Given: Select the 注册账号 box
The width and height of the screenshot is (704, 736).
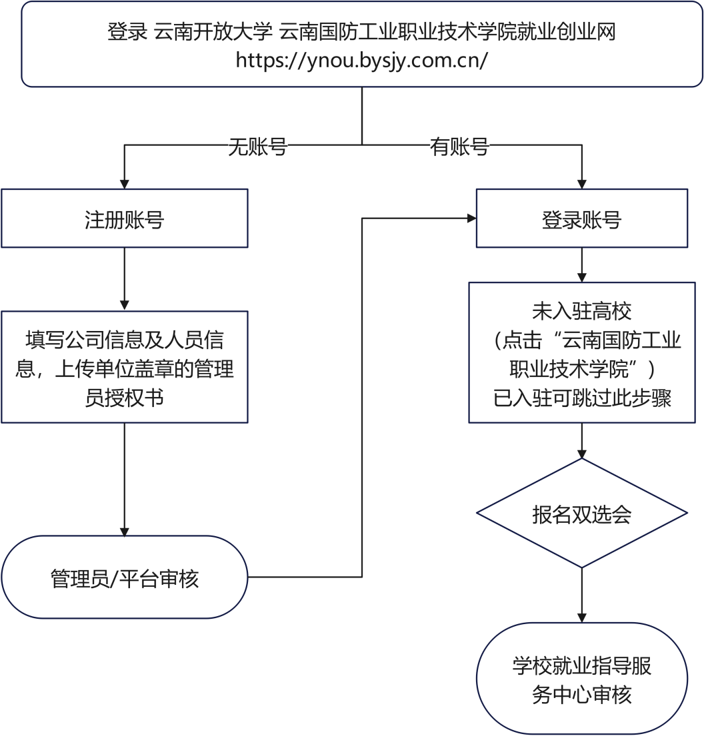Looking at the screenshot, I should [x=125, y=219].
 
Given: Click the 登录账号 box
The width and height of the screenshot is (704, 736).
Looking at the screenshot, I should [x=581, y=219].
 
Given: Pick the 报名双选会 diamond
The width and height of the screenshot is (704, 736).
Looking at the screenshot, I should [x=581, y=514].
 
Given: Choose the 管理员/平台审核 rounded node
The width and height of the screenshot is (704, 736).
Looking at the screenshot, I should [x=125, y=577].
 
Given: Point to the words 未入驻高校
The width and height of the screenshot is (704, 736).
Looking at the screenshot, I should [x=581, y=311].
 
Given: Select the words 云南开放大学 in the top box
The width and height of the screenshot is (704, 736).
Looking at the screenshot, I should [x=212, y=32].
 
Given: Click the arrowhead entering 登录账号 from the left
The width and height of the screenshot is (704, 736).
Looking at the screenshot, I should [x=471, y=218].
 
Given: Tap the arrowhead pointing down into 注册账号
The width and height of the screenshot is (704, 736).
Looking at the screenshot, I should [x=125, y=184].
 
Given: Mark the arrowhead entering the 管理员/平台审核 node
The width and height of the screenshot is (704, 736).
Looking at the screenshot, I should [x=125, y=531].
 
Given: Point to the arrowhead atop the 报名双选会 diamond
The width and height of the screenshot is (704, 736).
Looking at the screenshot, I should [x=582, y=453].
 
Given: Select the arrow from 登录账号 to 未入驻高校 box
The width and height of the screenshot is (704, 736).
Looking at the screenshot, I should [x=582, y=265].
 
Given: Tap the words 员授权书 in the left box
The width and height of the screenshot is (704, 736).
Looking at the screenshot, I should [x=125, y=398].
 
